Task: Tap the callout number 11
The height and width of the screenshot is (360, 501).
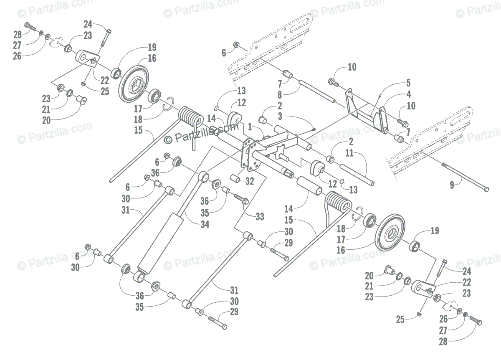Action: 349,153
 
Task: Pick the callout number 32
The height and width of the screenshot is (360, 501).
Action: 250,182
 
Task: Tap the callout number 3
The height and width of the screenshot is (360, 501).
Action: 279,116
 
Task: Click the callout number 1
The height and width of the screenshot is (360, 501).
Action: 250,125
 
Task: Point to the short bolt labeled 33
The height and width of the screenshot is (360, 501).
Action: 240,198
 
